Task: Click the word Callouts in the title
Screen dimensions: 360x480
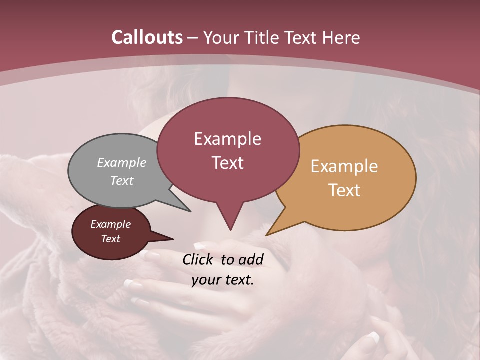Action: [147, 37]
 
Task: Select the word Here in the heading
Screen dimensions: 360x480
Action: [341, 37]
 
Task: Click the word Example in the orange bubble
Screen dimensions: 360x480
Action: [344, 166]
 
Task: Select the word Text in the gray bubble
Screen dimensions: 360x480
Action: [122, 180]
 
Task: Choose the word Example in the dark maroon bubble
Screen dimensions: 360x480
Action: [110, 224]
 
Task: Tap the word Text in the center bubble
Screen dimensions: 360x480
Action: [228, 163]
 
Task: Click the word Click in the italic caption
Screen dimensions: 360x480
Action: [199, 259]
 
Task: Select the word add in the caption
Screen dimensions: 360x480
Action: [250, 259]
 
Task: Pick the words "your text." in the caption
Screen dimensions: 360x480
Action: [223, 280]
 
